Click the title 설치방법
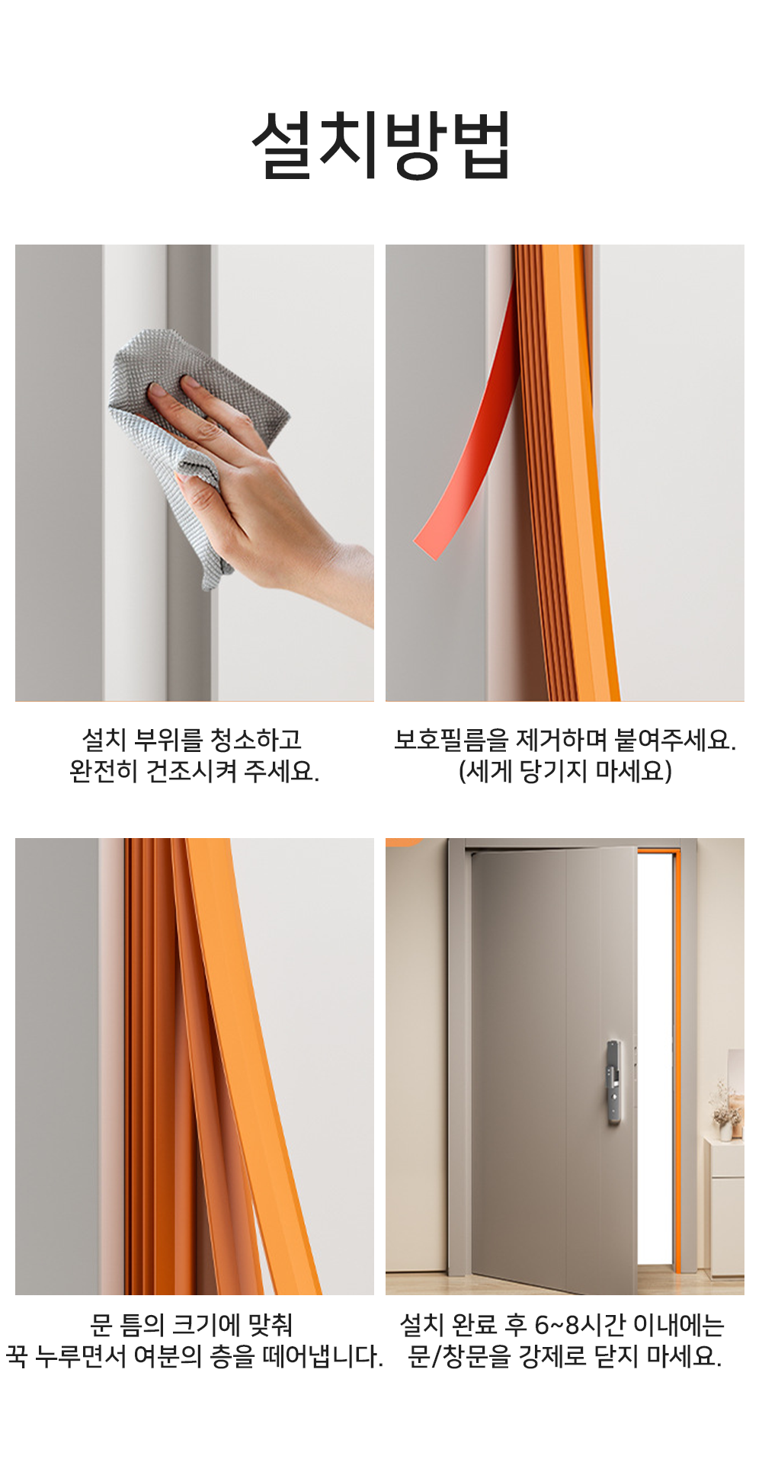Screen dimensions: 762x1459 tap(381, 145)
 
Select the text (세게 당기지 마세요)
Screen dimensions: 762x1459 tap(565, 772)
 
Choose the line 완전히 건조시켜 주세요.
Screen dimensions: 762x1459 tap(194, 772)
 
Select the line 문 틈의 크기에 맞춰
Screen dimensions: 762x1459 tap(191, 1325)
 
